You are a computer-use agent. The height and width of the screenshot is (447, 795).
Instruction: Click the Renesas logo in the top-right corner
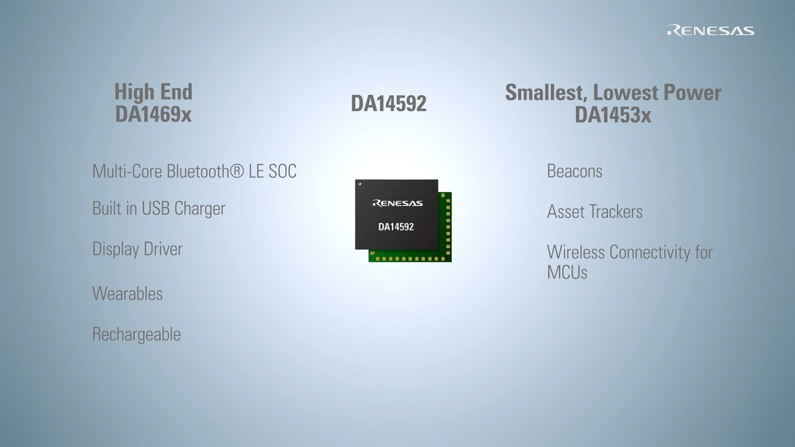click(711, 31)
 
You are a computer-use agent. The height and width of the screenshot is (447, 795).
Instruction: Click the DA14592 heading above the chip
click(389, 104)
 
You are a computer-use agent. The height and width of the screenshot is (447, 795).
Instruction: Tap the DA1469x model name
click(153, 114)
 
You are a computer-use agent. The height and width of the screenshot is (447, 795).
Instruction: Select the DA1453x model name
click(613, 115)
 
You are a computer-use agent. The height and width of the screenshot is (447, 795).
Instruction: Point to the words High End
click(153, 92)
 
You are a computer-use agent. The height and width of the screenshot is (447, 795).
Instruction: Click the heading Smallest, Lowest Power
click(613, 93)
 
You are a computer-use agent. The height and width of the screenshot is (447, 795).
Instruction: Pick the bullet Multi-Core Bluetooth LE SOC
click(194, 171)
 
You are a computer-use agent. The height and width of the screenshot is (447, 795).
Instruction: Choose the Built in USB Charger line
click(158, 209)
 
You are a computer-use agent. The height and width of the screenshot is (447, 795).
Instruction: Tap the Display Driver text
click(137, 249)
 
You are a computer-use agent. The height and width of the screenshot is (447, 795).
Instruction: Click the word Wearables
click(127, 294)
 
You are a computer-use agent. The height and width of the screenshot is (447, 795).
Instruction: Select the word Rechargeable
click(137, 335)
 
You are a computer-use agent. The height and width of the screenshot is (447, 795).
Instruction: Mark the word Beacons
click(575, 171)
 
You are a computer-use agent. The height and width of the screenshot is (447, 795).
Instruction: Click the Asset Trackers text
click(595, 212)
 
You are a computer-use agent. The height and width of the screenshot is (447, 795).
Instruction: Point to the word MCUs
click(567, 273)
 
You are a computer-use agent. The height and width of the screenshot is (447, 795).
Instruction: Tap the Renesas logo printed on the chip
click(397, 203)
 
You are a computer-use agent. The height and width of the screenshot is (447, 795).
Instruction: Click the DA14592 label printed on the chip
click(396, 227)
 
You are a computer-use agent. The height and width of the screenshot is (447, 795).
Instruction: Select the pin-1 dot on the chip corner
click(360, 184)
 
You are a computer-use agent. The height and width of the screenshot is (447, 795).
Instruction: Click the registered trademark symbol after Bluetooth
click(237, 171)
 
